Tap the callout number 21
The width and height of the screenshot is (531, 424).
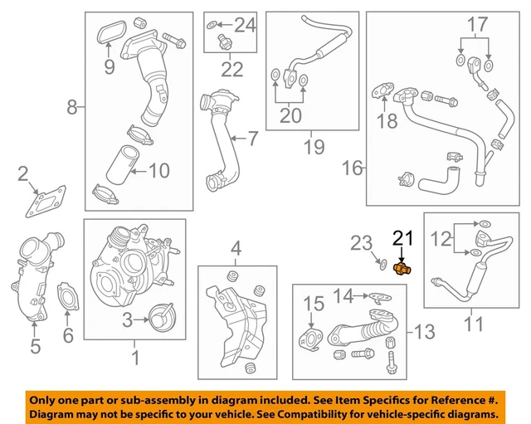(402, 239)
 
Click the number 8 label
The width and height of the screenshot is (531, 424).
(71, 106)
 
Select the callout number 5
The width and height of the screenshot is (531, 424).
(35, 346)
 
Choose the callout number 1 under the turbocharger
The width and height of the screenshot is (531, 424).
(134, 359)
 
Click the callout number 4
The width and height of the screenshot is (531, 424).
(236, 247)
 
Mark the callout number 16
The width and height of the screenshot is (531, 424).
(353, 168)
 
